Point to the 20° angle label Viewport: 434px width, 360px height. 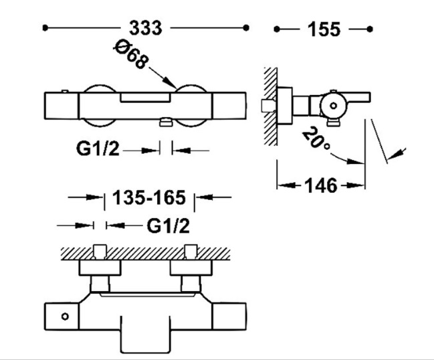(314, 139)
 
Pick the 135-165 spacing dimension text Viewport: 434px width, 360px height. (149, 198)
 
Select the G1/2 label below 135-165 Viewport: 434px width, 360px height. (168, 226)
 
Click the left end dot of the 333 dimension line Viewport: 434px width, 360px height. (45, 28)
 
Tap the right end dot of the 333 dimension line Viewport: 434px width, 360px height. (247, 28)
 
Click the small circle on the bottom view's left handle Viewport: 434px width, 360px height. (66, 315)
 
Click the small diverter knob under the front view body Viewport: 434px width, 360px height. (166, 122)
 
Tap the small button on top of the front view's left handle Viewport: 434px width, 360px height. (64, 90)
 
